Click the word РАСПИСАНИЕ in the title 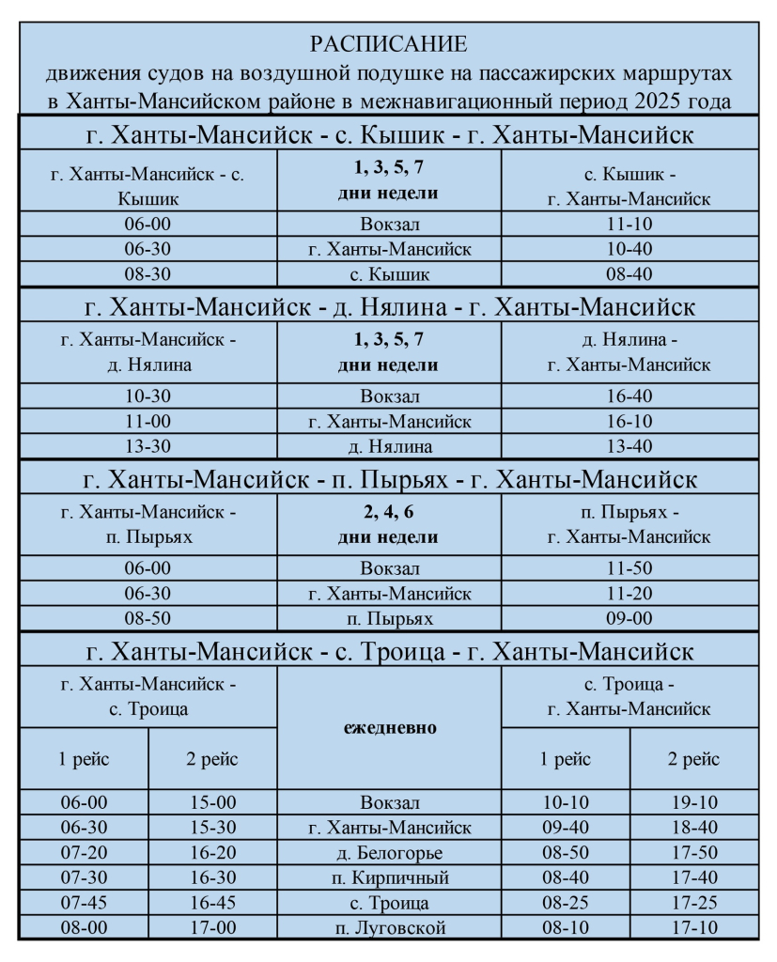[x=389, y=44]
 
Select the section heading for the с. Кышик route [x=389, y=135]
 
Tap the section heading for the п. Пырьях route [x=389, y=480]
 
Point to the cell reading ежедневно [x=389, y=728]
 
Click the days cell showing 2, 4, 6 [x=389, y=526]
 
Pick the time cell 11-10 [x=630, y=225]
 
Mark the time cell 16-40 [x=630, y=396]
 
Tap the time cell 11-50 [x=630, y=568]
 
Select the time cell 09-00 [x=630, y=619]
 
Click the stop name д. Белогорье [x=389, y=854]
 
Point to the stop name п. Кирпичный [x=389, y=878]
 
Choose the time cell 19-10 [x=694, y=803]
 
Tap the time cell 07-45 [x=84, y=904]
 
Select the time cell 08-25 [x=566, y=904]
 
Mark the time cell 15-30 [x=212, y=829]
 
